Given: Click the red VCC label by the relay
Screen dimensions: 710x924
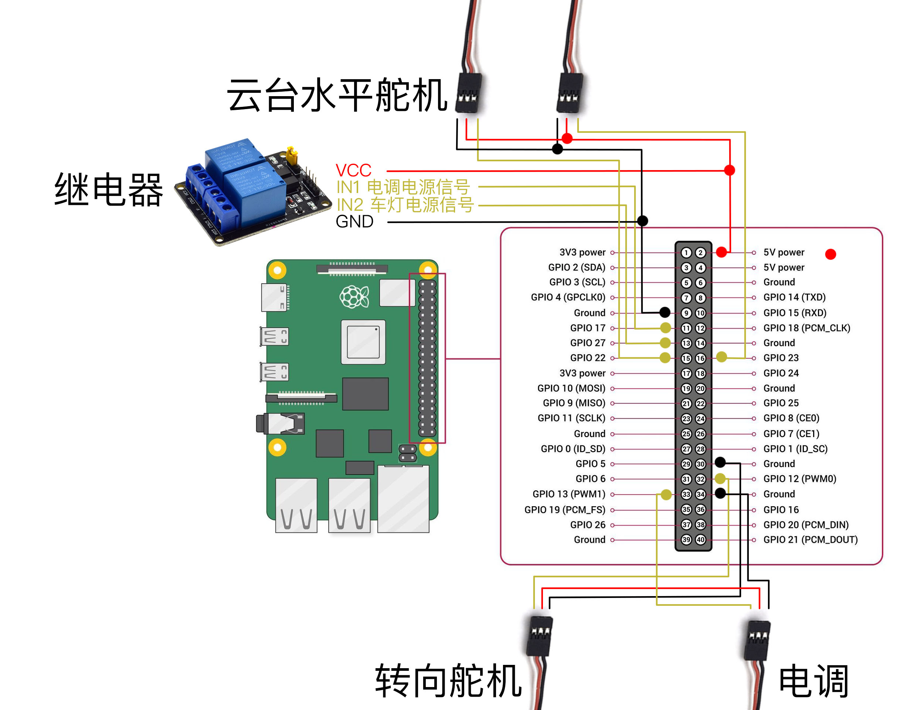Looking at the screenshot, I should [353, 171].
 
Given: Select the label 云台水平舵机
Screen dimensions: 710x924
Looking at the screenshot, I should [337, 95].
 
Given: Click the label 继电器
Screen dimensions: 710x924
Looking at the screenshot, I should [109, 190].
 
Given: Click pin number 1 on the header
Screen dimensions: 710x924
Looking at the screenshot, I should [686, 253].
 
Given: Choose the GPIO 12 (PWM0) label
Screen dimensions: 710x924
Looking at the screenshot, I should [799, 479].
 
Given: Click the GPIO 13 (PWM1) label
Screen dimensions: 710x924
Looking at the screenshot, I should [568, 494].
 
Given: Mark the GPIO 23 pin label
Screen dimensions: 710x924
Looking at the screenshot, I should [781, 358].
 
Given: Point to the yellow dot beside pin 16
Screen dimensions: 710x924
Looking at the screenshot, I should [721, 357].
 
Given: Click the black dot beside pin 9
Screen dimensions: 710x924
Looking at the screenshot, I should [664, 312].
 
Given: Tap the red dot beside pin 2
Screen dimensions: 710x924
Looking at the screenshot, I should [721, 252].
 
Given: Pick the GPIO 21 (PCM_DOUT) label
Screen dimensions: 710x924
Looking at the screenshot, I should [810, 540].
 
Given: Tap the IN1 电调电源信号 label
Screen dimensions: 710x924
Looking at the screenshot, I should [403, 187].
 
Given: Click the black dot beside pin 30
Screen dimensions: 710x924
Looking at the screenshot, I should [720, 462].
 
